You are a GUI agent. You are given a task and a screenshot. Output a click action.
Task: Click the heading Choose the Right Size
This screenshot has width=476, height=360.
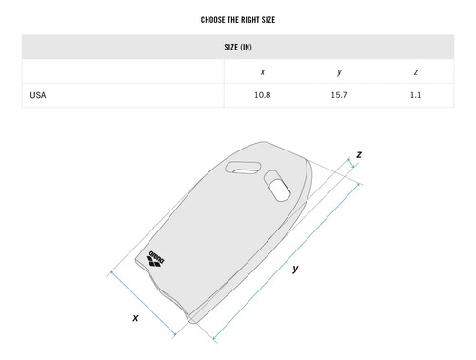(x=238, y=20)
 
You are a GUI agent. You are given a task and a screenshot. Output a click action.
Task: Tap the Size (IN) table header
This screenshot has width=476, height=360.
(x=238, y=47)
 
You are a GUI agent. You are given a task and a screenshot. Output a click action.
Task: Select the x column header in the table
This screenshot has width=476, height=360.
(x=263, y=72)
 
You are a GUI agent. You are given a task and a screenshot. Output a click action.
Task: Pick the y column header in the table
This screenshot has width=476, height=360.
(x=339, y=72)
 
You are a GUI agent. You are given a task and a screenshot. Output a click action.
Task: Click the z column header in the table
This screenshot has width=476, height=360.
(x=416, y=72)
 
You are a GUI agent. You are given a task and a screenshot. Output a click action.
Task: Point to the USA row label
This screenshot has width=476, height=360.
(x=38, y=95)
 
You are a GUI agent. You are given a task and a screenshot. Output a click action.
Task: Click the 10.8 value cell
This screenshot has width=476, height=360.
(x=263, y=95)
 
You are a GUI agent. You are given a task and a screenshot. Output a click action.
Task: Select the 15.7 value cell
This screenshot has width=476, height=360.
(x=339, y=95)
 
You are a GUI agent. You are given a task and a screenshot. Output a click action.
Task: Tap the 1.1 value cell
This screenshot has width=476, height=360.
(x=416, y=95)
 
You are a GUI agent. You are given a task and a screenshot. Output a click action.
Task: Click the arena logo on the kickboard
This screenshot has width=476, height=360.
(x=155, y=258)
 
